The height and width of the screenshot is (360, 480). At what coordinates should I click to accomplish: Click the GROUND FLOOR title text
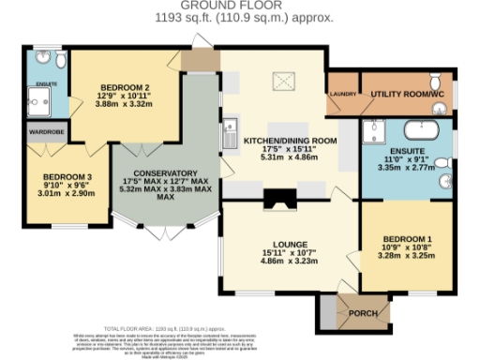coord(239,7)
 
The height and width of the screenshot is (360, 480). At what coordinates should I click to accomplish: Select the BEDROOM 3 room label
coord(52,176)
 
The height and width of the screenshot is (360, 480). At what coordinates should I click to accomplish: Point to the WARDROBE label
coord(45,133)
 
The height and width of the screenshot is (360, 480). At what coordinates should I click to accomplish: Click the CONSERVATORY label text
coord(165,173)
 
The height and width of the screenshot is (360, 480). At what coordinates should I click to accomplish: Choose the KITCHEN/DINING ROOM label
coord(289,141)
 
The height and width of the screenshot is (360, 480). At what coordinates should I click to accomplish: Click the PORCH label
coord(363,312)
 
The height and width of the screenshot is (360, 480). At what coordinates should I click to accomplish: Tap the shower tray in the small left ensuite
coord(40,105)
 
